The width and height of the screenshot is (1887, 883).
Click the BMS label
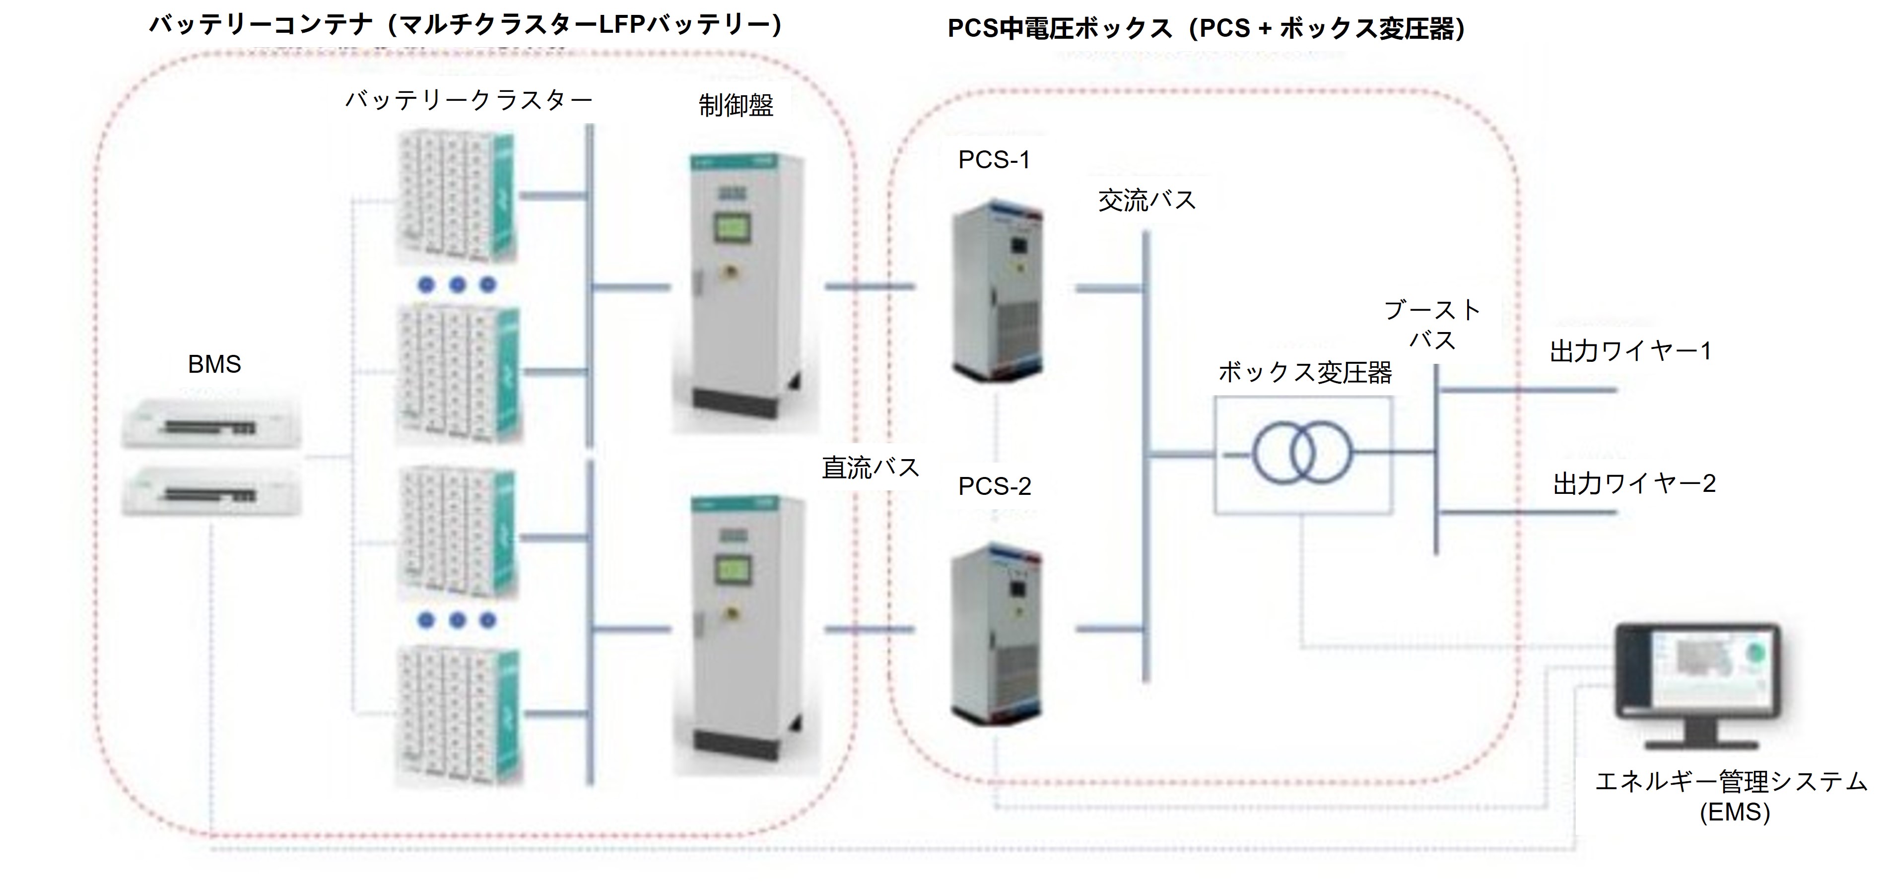(214, 364)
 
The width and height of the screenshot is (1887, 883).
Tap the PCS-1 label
(994, 160)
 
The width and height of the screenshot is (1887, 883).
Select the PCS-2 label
(994, 486)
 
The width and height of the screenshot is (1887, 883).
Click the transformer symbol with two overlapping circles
(1302, 454)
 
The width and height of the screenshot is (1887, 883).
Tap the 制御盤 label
(736, 106)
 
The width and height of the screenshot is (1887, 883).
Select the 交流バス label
(1146, 200)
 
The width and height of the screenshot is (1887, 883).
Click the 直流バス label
(870, 468)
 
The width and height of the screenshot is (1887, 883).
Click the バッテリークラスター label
(469, 100)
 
